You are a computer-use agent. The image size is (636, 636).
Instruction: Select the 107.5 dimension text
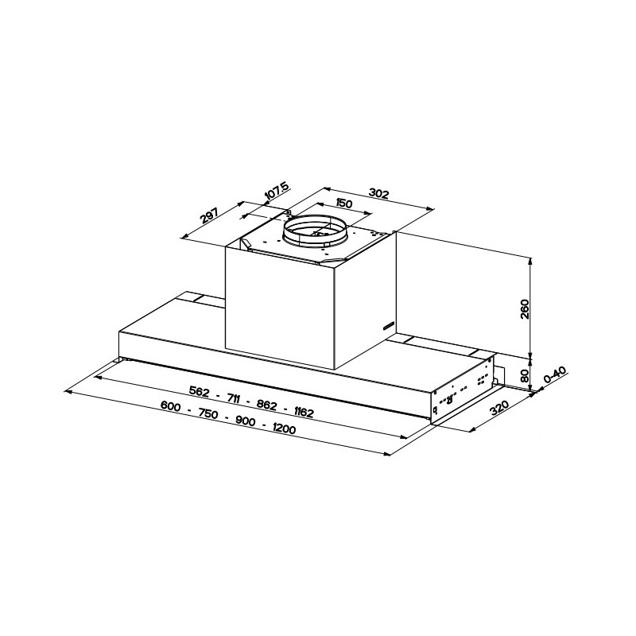pos(275,193)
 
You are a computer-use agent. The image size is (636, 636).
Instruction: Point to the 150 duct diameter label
pos(343,203)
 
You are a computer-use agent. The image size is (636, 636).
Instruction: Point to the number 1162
pos(303,412)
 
